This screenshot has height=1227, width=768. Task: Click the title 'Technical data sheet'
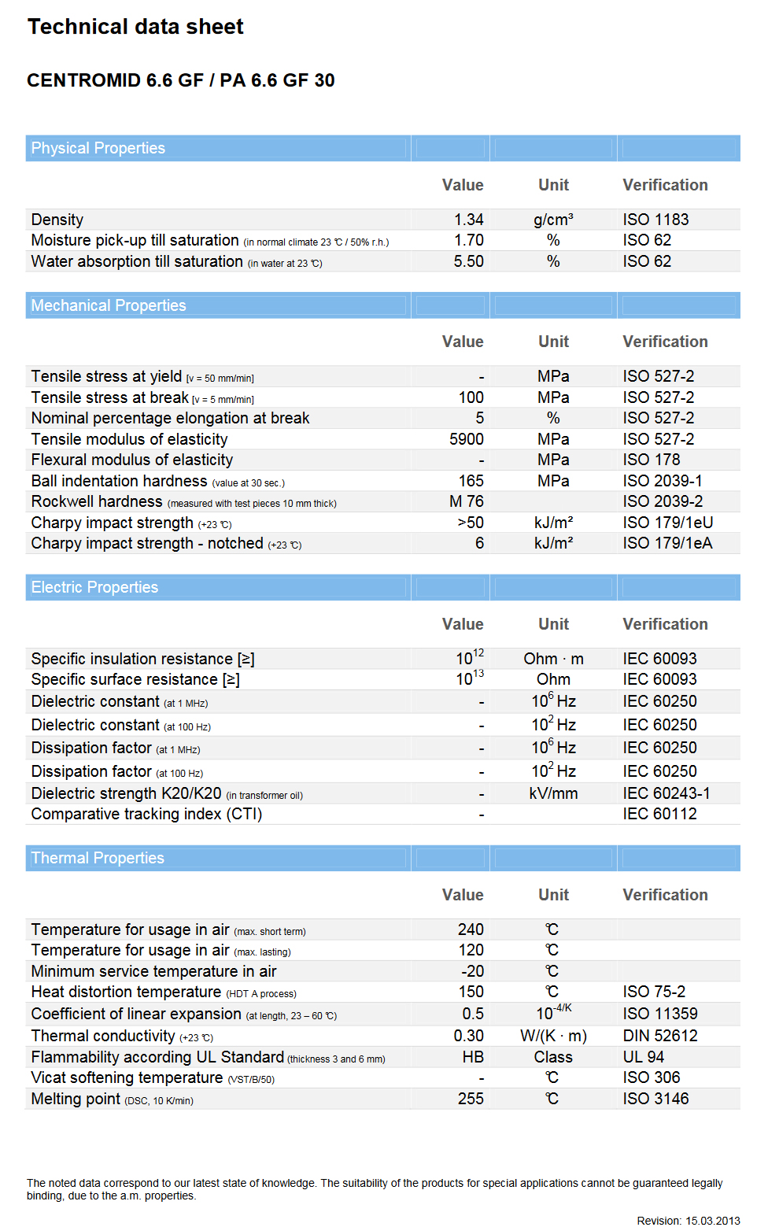pyautogui.click(x=135, y=27)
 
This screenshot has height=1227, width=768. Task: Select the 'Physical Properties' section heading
pyautogui.click(x=98, y=148)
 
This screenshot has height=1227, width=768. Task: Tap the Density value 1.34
pyautogui.click(x=468, y=220)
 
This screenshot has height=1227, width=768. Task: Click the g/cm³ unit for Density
pyautogui.click(x=553, y=220)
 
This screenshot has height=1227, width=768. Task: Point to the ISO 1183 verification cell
pyautogui.click(x=655, y=220)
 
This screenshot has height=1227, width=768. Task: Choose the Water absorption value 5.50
pyautogui.click(x=468, y=261)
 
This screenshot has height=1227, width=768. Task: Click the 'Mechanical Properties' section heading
pyautogui.click(x=109, y=305)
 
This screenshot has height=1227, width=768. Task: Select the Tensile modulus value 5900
pyautogui.click(x=467, y=439)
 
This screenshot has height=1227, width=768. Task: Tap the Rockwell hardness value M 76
pyautogui.click(x=467, y=501)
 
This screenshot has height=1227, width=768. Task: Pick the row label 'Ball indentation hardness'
pyautogui.click(x=119, y=481)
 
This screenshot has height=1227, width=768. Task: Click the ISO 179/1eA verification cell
pyautogui.click(x=667, y=543)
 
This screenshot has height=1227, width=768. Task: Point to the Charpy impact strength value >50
pyautogui.click(x=471, y=523)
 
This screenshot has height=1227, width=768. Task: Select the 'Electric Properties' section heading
pyautogui.click(x=94, y=587)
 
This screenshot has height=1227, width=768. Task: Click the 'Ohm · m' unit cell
pyautogui.click(x=553, y=659)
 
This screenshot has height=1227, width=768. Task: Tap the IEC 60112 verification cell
pyautogui.click(x=659, y=814)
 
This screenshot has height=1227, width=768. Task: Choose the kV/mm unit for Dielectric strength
pyautogui.click(x=553, y=793)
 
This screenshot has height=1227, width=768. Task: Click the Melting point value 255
pyautogui.click(x=471, y=1099)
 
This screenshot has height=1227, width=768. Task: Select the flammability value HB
pyautogui.click(x=473, y=1057)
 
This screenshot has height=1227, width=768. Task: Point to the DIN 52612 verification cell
pyautogui.click(x=660, y=1036)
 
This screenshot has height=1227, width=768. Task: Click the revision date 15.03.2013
pyautogui.click(x=712, y=1221)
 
